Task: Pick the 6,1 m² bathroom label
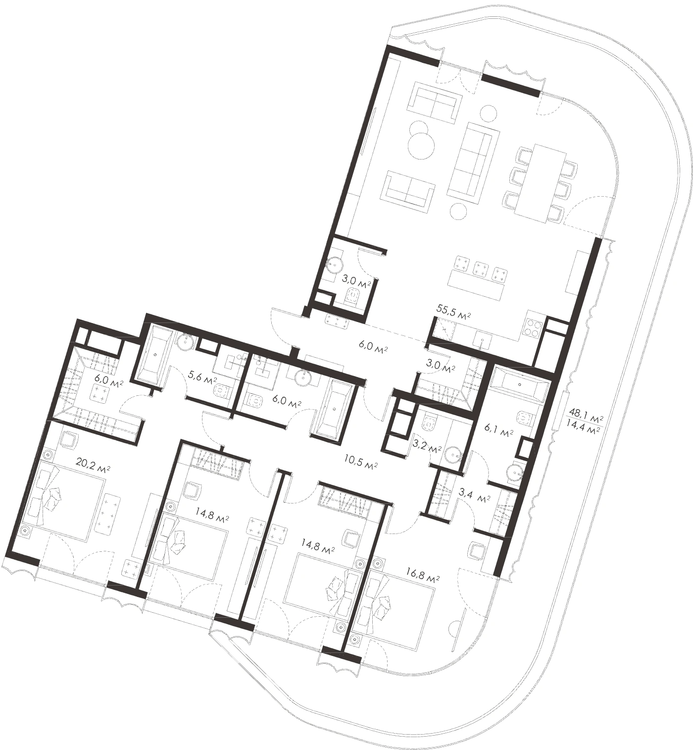tap(499, 433)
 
